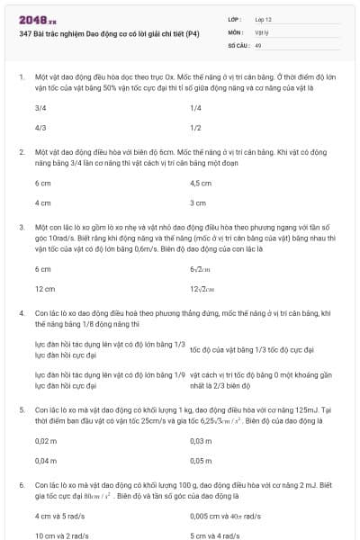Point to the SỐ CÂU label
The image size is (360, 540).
point(237,44)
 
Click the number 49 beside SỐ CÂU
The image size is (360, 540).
point(258,44)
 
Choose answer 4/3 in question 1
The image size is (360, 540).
point(40,128)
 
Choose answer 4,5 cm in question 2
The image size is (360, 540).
point(201,184)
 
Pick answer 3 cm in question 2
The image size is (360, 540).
point(198,203)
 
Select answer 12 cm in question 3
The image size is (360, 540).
point(44,289)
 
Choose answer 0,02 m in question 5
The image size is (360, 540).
point(45,441)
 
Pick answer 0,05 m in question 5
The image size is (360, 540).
point(201,460)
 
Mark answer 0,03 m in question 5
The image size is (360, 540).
point(201,441)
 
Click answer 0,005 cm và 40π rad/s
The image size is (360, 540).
point(225,517)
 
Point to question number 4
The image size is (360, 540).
point(21,312)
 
